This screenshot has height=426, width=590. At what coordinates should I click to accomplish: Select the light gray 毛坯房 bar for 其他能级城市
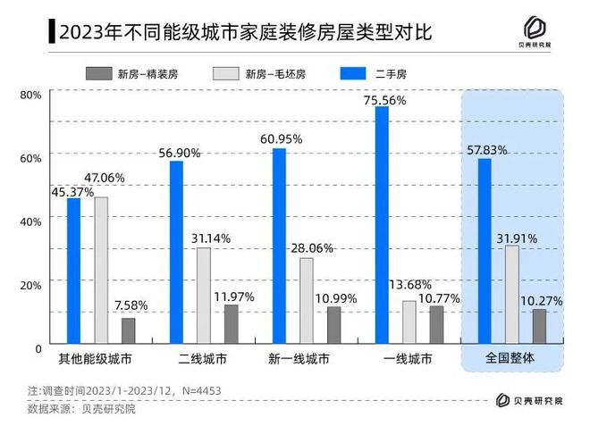click(x=101, y=270)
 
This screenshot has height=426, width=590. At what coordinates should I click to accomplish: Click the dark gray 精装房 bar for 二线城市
click(x=231, y=323)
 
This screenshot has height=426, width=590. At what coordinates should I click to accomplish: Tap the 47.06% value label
click(x=104, y=178)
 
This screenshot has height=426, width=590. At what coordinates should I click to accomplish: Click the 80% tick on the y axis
click(x=29, y=95)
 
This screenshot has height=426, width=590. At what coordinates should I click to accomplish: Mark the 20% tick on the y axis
click(x=29, y=285)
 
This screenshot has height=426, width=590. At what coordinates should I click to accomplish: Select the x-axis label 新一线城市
click(x=299, y=360)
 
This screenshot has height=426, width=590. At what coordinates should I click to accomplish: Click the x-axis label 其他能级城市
click(x=94, y=360)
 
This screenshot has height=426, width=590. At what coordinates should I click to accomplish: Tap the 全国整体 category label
click(x=512, y=360)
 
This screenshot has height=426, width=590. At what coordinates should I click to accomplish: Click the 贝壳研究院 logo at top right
click(x=534, y=33)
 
